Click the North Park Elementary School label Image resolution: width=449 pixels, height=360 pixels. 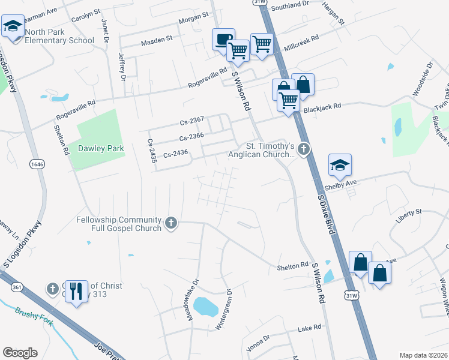(x=59, y=36)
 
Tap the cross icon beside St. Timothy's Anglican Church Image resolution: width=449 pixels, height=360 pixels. (x=304, y=148)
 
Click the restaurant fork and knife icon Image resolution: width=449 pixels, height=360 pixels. (x=75, y=292)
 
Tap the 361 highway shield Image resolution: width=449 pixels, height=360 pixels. (x=17, y=288)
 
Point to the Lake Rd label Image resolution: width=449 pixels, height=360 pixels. (x=310, y=328)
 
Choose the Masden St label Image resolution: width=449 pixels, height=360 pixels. (x=157, y=43)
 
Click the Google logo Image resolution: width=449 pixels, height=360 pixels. (x=20, y=353)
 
